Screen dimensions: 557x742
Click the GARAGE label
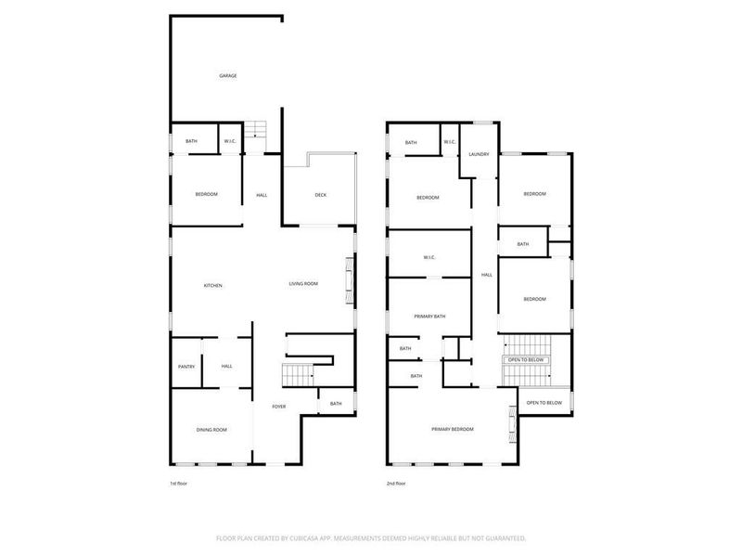(227, 75)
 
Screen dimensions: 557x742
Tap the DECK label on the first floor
(321, 194)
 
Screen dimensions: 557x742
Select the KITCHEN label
(213, 285)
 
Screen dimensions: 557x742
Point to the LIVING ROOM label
(303, 283)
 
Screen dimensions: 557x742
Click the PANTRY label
(185, 367)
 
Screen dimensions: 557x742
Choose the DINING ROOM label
(212, 429)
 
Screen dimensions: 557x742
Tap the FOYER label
(278, 407)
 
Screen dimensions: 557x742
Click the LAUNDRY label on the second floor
(479, 154)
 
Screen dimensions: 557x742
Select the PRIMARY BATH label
(429, 317)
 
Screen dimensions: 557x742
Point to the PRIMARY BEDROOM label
(452, 429)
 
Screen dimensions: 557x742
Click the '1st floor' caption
(178, 483)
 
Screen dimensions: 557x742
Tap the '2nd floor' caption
(396, 483)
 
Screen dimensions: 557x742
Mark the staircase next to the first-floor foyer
(299, 376)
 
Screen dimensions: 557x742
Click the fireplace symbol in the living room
(350, 278)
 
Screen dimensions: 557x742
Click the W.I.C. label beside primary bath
(429, 257)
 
